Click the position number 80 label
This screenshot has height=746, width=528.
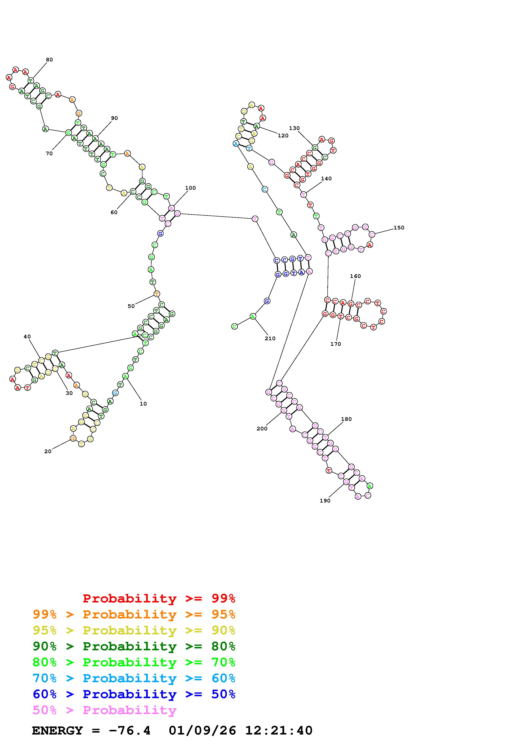click(x=49, y=60)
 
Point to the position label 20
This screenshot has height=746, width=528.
click(x=48, y=451)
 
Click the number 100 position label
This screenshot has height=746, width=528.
click(x=190, y=188)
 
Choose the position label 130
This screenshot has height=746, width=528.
click(x=294, y=128)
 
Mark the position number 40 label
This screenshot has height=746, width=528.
click(x=27, y=337)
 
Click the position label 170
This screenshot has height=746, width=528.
click(x=335, y=344)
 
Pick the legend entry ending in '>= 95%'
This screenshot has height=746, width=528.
click(x=134, y=614)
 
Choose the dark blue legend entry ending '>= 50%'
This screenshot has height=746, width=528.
click(x=134, y=694)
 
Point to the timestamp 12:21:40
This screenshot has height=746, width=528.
click(x=278, y=731)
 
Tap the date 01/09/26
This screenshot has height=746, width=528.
click(x=202, y=731)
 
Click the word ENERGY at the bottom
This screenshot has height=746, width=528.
click(x=57, y=731)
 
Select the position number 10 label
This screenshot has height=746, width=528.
click(x=143, y=404)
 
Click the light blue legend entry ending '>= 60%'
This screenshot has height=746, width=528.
click(x=134, y=678)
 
